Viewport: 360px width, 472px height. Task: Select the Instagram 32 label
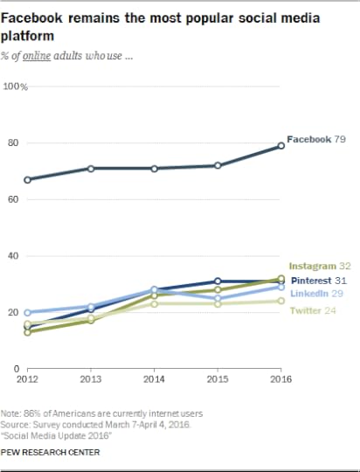[319, 265]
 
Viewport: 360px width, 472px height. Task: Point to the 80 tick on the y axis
[12, 143]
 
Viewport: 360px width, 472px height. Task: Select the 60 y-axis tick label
[12, 199]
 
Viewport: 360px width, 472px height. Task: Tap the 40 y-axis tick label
[12, 256]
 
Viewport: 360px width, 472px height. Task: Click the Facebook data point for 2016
[280, 146]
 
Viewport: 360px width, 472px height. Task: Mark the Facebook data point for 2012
[29, 180]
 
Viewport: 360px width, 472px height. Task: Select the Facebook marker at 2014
[155, 168]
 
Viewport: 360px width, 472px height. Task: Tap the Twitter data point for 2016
[280, 301]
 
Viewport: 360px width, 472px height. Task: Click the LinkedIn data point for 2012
[29, 312]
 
